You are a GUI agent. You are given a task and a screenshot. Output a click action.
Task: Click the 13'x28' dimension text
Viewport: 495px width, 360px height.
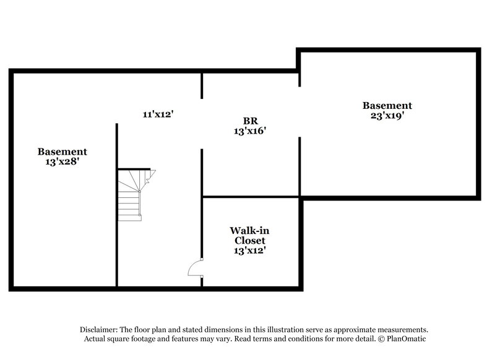coord(62,161)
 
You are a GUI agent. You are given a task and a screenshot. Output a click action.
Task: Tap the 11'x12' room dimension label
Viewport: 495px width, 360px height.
coord(157,114)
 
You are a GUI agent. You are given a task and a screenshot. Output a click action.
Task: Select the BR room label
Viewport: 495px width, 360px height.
coord(250,121)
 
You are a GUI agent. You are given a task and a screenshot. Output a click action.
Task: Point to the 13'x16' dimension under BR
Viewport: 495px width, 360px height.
coord(250,131)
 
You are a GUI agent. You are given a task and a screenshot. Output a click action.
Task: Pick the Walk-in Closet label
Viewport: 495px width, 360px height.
coord(250,235)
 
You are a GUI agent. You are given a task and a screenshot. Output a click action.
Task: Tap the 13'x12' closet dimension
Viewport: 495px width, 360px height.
coord(250,251)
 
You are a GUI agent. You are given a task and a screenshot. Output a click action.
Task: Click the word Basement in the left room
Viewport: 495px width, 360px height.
coord(62,152)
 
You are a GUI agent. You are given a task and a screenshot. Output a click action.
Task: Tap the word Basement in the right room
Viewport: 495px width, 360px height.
coord(387,106)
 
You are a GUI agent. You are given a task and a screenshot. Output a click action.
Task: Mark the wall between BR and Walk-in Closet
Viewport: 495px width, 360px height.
coord(251,197)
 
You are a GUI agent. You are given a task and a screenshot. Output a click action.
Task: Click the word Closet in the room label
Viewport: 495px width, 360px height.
coord(250,240)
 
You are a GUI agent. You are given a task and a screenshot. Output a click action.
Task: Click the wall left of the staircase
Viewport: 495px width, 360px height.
coord(116,204)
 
